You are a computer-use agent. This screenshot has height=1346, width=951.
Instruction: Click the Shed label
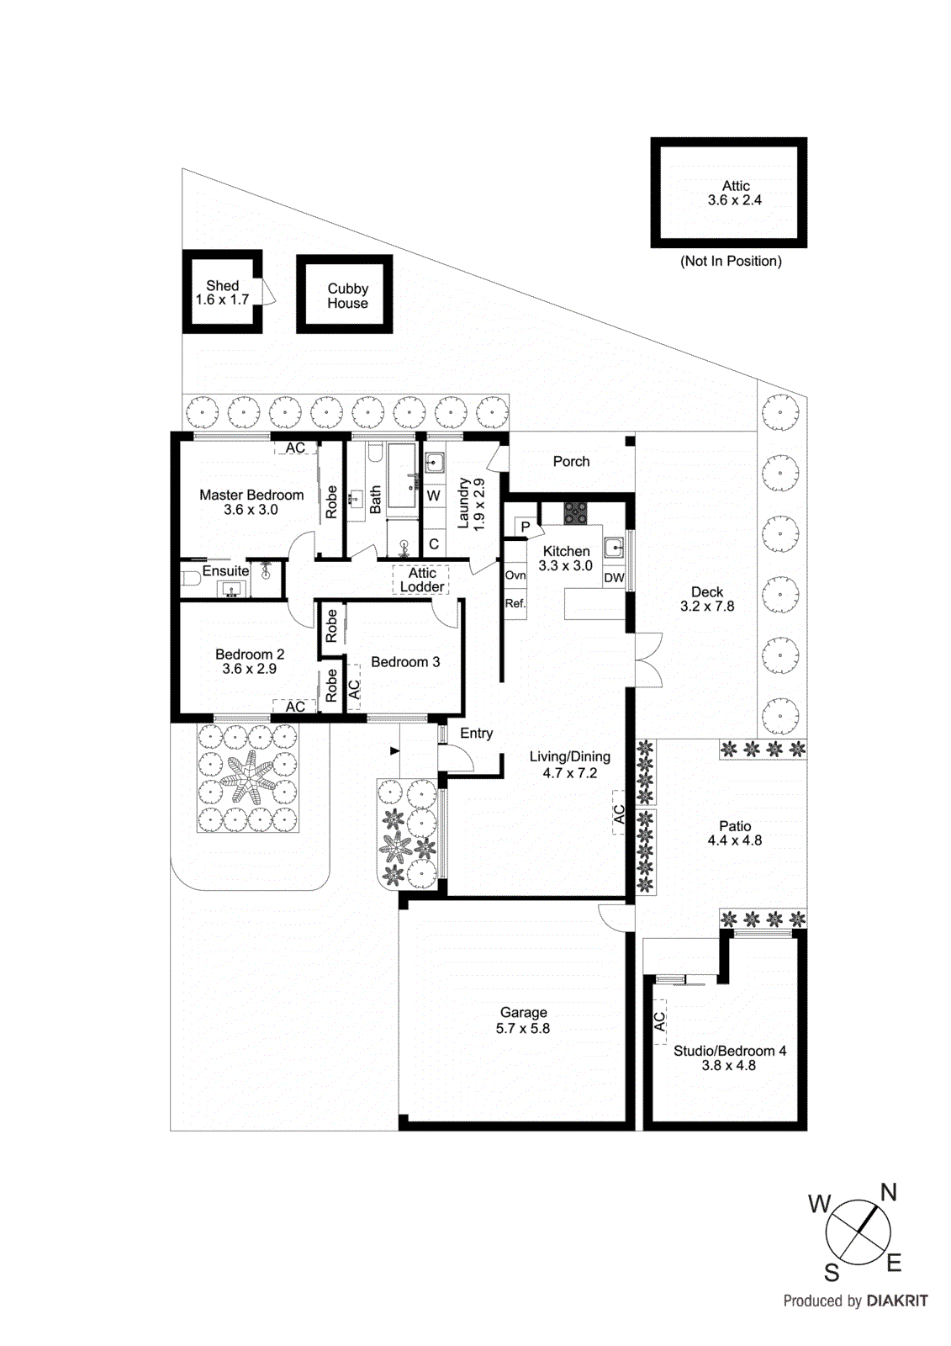223,286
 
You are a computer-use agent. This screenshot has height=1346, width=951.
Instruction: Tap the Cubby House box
345,294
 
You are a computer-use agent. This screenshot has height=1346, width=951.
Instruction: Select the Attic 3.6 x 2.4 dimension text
734,200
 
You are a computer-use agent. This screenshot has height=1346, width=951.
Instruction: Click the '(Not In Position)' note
731,261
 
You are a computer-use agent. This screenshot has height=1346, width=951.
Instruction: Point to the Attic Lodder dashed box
421,580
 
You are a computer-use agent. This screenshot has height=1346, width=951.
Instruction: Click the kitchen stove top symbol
575,513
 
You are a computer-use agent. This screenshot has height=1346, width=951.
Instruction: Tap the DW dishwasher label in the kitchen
614,578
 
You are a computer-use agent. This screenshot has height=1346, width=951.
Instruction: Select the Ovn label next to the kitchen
515,575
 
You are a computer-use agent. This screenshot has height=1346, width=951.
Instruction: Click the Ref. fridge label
515,603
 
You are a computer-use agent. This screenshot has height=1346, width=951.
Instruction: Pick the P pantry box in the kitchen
526,527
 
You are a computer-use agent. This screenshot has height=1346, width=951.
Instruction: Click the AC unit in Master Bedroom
295,448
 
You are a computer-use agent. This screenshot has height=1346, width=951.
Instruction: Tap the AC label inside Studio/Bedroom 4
659,1021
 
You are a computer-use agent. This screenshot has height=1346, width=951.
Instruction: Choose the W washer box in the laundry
433,496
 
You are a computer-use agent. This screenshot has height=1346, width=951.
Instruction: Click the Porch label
571,461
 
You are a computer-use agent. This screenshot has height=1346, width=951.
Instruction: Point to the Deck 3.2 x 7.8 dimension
706,607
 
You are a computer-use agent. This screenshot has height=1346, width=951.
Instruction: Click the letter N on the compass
888,1192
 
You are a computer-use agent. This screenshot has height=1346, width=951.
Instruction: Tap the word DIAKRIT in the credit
896,1301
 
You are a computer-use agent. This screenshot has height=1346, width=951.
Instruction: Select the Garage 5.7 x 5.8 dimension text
522,1028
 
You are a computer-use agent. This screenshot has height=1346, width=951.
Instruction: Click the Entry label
476,734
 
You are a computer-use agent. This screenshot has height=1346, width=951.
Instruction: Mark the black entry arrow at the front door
394,750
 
